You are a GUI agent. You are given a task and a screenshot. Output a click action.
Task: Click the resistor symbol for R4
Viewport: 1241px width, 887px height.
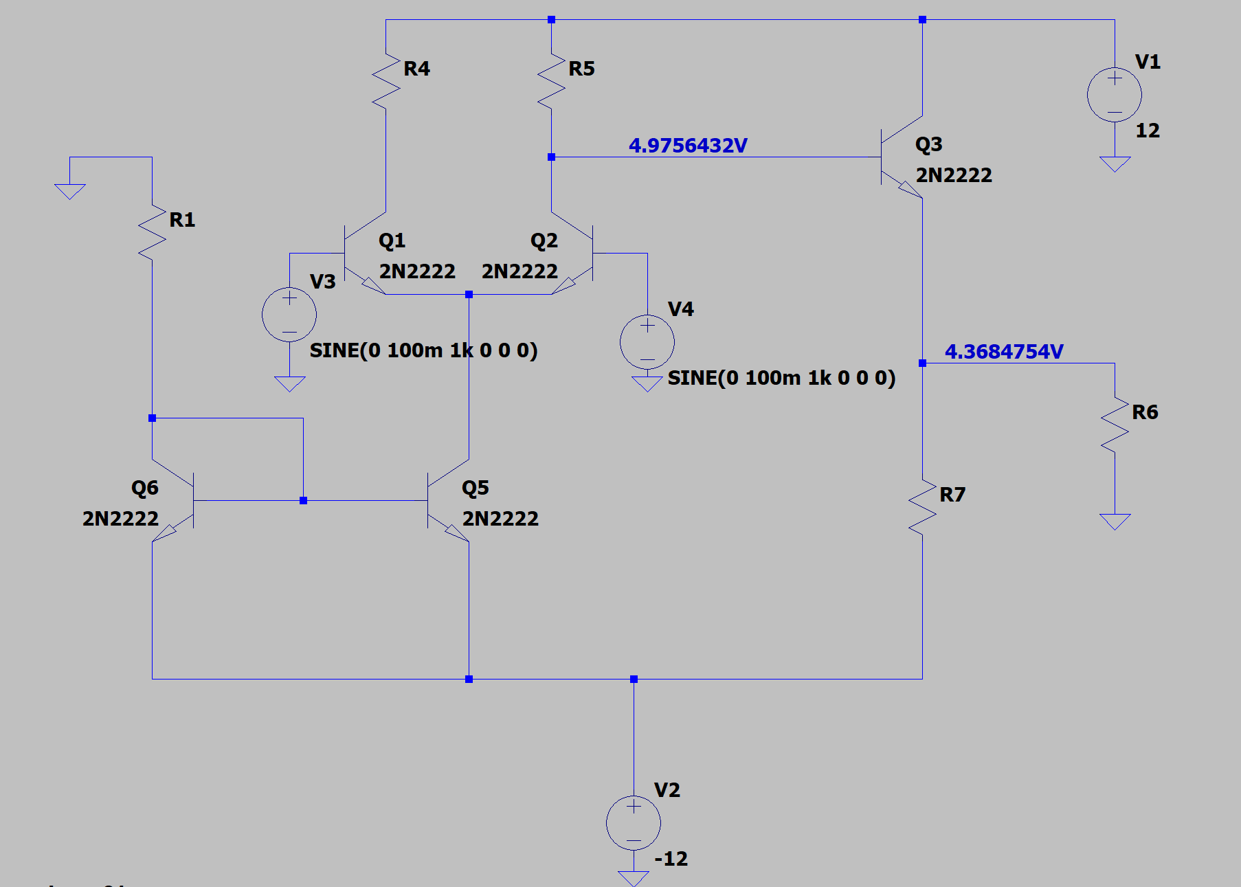[x=386, y=81]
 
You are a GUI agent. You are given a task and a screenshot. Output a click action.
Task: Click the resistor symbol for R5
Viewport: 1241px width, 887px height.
[x=551, y=81]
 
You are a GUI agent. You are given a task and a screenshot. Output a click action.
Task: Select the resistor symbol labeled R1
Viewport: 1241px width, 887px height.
[x=153, y=232]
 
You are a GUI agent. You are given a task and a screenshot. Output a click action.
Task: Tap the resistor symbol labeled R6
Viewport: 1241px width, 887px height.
[x=1115, y=425]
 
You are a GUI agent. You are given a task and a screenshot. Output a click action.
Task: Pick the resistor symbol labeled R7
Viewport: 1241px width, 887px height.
[x=922, y=507]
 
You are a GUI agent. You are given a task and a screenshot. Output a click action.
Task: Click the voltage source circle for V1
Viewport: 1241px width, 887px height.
[x=1115, y=95]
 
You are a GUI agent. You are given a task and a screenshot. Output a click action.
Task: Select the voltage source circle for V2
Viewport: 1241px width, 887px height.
[x=634, y=823]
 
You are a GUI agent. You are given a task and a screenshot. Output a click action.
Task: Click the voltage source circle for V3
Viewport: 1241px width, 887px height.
[x=289, y=315]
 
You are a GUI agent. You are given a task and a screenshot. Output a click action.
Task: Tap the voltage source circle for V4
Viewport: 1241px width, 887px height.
[x=647, y=342]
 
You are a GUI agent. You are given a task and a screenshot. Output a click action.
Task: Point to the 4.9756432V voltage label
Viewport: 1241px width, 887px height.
[x=688, y=146]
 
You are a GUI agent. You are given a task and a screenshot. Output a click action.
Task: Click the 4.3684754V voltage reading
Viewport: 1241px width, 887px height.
[x=1004, y=352]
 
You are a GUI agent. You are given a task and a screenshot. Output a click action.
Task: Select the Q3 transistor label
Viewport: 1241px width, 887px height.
[x=929, y=144]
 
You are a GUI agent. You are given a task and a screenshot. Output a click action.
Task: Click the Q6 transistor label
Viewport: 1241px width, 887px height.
[x=145, y=488]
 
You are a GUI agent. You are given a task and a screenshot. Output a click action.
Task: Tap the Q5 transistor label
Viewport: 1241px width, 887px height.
[x=476, y=488]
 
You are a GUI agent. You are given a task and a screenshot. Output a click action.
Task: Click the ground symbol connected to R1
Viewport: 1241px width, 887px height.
[x=70, y=190]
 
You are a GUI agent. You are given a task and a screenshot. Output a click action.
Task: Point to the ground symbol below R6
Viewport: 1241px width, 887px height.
[x=1115, y=521]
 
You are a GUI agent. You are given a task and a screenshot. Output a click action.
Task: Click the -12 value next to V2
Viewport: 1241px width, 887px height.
[x=671, y=859]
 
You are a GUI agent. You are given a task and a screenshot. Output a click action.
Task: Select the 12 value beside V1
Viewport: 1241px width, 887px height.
[x=1148, y=131]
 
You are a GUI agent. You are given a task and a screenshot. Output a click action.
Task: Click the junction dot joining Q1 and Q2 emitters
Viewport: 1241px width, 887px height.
[x=469, y=294]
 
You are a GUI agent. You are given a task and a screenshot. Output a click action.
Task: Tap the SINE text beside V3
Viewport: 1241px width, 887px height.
[x=423, y=350]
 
